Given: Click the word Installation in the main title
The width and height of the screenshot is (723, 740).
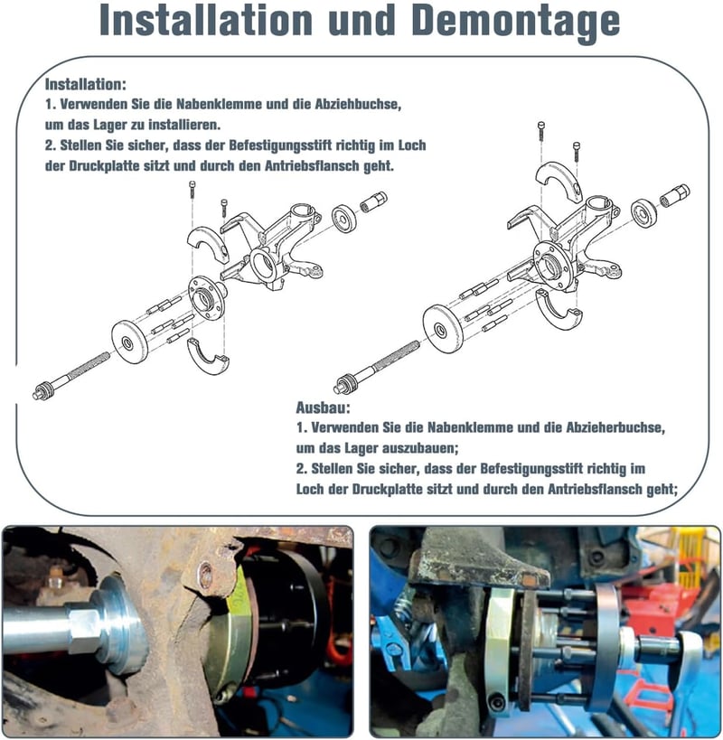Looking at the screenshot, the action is pyautogui.click(x=206, y=19).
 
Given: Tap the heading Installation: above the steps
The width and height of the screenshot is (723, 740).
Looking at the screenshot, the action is pyautogui.click(x=86, y=84).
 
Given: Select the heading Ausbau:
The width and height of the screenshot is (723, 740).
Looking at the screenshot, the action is pyautogui.click(x=324, y=407).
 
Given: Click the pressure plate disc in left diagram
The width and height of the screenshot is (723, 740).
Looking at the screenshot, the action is pyautogui.click(x=130, y=342).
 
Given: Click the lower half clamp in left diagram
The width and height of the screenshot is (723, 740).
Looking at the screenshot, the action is pyautogui.click(x=208, y=356).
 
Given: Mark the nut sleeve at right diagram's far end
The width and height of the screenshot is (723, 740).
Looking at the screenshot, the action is pyautogui.click(x=674, y=195).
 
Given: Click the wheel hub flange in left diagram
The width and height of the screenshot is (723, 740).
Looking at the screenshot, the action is pyautogui.click(x=206, y=297).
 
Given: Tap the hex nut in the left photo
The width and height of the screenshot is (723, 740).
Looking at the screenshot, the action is pyautogui.click(x=83, y=631).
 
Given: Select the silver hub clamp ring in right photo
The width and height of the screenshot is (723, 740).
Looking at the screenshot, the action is pyautogui.click(x=498, y=651).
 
